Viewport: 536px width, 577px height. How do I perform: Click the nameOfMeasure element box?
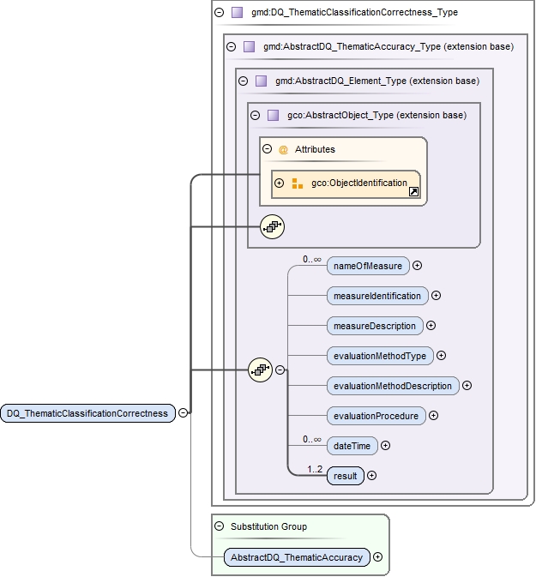coord(368,266)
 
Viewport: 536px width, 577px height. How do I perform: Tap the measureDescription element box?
coord(375,326)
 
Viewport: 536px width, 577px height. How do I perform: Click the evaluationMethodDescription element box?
coord(393,386)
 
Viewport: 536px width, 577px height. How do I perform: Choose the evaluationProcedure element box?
coord(376,416)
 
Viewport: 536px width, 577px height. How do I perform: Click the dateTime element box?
coord(352,446)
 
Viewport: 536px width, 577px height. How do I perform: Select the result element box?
coord(346,476)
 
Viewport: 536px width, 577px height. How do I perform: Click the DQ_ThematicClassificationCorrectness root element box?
coord(87,413)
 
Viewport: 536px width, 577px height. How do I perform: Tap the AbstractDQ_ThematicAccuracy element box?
coord(297,557)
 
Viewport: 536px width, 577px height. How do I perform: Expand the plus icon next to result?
coord(372,476)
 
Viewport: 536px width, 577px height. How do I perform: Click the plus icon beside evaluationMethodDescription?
coord(467,386)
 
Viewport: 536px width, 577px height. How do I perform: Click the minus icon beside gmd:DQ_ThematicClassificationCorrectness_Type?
coord(220,13)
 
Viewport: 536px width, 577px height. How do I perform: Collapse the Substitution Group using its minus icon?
coord(220,526)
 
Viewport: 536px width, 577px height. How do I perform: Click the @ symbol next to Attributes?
coord(283,149)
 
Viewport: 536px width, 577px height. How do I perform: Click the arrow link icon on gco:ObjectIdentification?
coord(413,193)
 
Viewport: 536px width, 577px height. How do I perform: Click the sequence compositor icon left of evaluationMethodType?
coord(260,370)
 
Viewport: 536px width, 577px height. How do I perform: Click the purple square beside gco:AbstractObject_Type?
coord(273,115)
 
